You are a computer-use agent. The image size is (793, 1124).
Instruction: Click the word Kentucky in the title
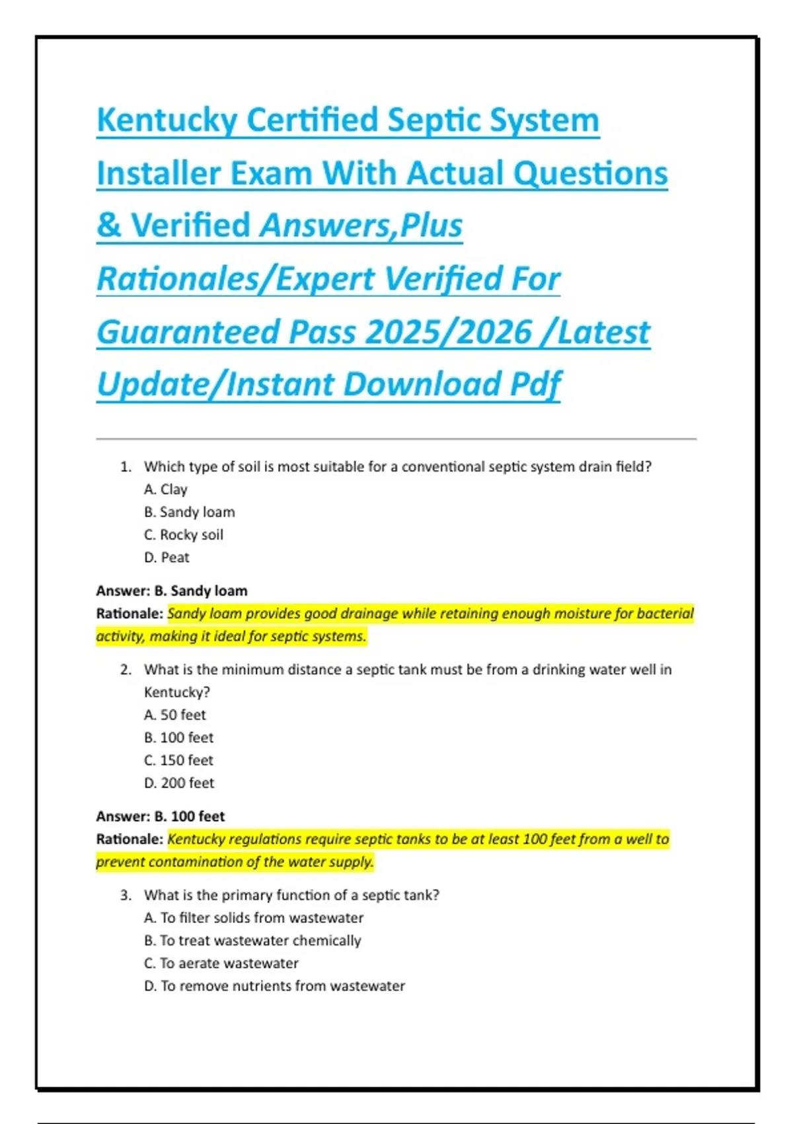167,121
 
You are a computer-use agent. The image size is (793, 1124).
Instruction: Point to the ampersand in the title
108,225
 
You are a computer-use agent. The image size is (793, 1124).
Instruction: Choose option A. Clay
166,489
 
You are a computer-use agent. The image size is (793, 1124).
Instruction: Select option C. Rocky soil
184,534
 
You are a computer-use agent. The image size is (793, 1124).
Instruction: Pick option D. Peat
167,557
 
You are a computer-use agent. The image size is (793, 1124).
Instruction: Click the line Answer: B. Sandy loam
172,590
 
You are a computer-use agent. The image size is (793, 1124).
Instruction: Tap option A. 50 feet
175,715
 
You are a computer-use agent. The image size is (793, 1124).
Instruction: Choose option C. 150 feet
178,760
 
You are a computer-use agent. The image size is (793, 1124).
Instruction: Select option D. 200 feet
179,783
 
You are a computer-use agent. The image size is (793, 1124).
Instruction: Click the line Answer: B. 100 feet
161,816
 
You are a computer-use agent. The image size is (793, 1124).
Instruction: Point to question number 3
126,895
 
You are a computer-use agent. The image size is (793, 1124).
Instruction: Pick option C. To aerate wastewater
221,963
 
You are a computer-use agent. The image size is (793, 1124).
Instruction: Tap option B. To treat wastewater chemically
252,940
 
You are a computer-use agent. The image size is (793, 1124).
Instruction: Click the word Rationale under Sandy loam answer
129,614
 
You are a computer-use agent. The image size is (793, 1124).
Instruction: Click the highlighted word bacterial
665,614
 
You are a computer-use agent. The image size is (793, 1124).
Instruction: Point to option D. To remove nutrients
274,986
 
